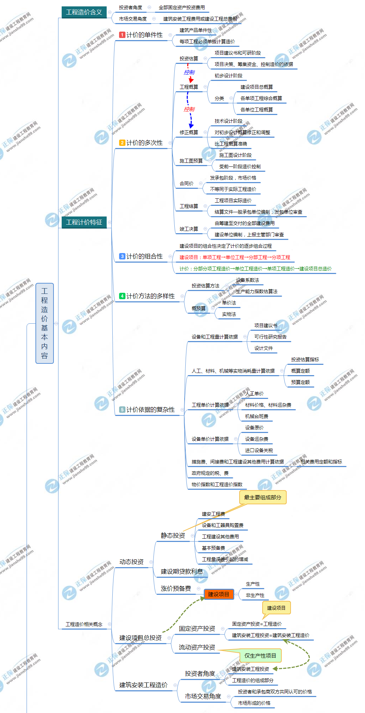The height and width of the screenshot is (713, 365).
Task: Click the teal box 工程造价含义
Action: click(84, 12)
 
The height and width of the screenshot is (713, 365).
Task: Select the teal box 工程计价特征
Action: click(84, 222)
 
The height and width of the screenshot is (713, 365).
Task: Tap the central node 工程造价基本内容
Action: click(45, 323)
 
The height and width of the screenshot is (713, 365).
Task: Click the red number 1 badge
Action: click(122, 35)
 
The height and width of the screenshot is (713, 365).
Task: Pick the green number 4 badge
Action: click(122, 296)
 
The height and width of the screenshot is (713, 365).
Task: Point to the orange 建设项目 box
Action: click(219, 594)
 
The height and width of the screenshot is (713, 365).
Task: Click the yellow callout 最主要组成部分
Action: click(263, 498)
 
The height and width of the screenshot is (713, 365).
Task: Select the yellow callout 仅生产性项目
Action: click(260, 656)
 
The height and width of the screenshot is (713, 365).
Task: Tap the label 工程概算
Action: click(189, 87)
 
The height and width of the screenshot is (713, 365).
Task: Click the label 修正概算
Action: click(189, 132)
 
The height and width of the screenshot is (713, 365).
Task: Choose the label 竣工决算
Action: click(189, 229)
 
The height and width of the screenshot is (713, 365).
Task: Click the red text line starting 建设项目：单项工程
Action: click(235, 257)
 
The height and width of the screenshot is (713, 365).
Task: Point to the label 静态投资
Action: click(173, 536)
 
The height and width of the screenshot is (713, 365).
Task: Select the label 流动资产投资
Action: click(197, 647)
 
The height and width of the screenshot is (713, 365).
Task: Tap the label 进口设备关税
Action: click(259, 450)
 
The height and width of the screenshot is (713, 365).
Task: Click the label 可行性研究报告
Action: click(270, 337)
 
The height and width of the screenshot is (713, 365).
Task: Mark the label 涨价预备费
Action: click(176, 588)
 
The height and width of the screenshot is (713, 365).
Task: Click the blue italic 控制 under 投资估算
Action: click(189, 72)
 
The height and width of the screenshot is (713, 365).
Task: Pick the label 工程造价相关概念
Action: click(84, 624)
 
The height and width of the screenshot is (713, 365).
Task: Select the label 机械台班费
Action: click(257, 416)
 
